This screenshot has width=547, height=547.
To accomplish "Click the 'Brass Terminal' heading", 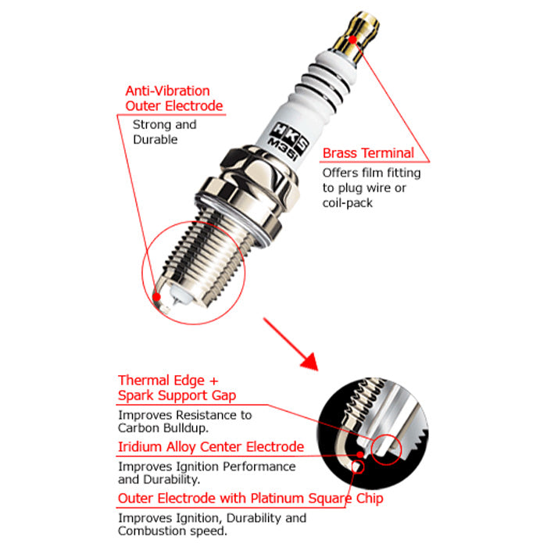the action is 368,153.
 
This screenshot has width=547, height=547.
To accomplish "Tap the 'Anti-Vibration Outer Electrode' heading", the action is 173,98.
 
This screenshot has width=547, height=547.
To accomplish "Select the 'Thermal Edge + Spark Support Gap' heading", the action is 177,388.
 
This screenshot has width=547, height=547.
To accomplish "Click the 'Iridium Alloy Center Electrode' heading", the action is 211,447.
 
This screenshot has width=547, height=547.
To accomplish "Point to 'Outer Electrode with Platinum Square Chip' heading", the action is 251,499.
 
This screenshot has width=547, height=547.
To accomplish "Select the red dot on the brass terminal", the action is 352,39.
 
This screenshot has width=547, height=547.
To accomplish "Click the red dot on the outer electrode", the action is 156,297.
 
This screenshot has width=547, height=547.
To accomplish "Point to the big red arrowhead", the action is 309,361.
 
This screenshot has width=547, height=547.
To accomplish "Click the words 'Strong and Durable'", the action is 164,132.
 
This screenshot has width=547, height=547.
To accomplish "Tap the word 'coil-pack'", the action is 347,203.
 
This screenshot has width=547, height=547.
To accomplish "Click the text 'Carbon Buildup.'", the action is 163,428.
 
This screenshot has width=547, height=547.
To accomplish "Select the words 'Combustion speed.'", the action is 173,531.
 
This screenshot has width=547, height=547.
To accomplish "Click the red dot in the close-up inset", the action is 360,455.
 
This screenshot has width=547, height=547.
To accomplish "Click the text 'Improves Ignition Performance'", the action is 207,467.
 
